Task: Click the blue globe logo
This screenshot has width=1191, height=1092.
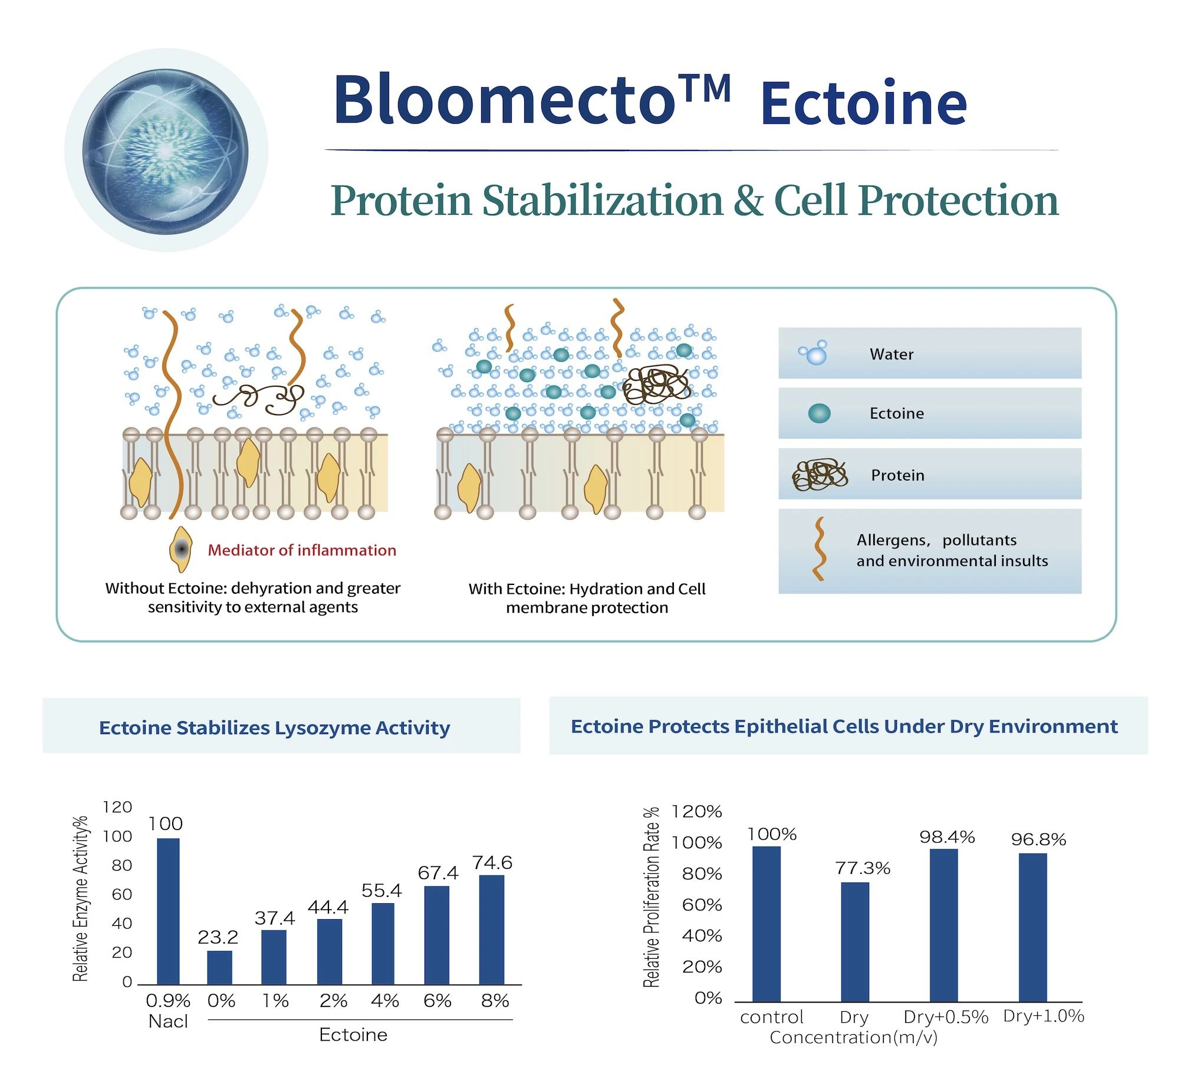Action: click(x=166, y=151)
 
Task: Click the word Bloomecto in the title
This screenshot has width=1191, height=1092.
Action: click(x=505, y=98)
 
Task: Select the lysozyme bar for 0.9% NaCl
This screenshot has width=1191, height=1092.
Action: click(x=168, y=911)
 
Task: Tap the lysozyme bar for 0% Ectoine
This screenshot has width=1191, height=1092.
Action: click(x=220, y=968)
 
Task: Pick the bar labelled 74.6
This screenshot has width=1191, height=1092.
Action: click(x=492, y=929)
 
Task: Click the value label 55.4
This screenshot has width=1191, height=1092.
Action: click(x=381, y=890)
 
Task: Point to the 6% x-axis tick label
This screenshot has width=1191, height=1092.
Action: click(x=437, y=1001)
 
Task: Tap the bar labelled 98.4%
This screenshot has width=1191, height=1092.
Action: click(x=944, y=925)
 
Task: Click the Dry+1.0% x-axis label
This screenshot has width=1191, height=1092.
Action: click(x=1044, y=1017)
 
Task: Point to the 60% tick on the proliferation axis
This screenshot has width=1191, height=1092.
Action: click(x=702, y=904)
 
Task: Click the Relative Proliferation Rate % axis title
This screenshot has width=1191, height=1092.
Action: click(x=651, y=897)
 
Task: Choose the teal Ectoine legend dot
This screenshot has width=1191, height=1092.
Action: click(x=819, y=413)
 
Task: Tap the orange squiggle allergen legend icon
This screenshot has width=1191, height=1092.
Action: click(x=818, y=549)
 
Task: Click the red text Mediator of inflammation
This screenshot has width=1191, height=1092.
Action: click(x=302, y=550)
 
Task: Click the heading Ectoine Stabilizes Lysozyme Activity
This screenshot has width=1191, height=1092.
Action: click(x=275, y=728)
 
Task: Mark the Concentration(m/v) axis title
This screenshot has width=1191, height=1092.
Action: click(x=854, y=1037)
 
